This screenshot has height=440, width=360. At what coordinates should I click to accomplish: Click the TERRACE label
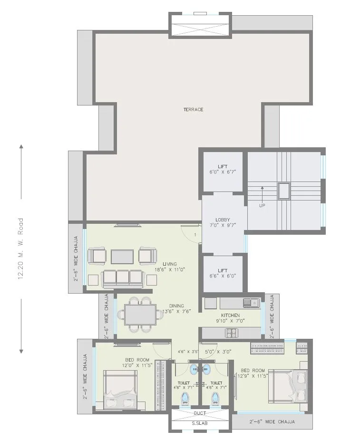[x=193, y=110]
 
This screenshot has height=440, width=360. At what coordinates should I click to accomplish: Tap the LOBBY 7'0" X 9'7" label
[x=223, y=222]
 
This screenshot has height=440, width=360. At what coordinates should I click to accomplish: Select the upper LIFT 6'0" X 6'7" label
[x=223, y=169]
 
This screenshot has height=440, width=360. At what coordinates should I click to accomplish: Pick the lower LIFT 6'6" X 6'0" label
[x=223, y=273]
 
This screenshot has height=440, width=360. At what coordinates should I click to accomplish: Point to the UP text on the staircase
[x=262, y=206]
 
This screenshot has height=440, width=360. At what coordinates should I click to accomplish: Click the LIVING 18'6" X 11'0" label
[x=169, y=267]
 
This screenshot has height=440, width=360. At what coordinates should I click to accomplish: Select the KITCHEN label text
[x=230, y=315]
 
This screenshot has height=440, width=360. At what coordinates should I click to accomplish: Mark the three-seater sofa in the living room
[x=123, y=278]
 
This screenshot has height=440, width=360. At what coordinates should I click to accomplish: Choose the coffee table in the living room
[x=123, y=257]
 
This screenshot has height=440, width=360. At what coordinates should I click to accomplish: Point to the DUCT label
[x=200, y=413]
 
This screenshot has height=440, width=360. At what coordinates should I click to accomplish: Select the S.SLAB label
[x=200, y=423]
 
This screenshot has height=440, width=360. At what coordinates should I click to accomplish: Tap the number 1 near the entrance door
[x=195, y=235]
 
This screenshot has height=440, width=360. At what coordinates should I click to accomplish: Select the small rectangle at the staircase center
[x=284, y=191]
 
